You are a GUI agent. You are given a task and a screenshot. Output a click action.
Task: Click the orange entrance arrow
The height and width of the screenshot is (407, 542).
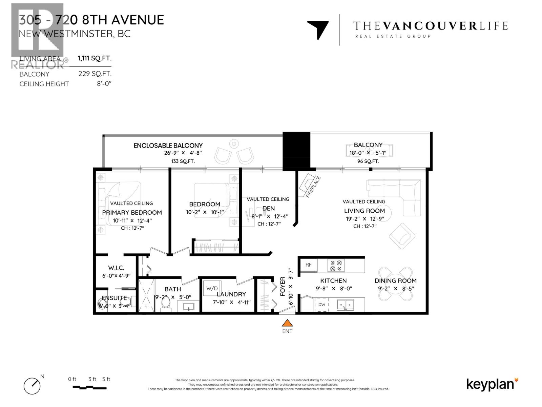click(x=287, y=323)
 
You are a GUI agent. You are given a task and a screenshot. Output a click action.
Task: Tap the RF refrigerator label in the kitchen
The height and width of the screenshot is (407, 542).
click(x=308, y=265)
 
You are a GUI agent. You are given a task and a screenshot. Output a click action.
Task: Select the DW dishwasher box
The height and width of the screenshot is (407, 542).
click(x=321, y=305)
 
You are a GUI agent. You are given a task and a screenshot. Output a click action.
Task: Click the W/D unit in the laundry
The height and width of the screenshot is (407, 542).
click(x=212, y=289)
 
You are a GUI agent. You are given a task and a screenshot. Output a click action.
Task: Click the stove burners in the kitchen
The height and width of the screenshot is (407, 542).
click(x=336, y=266)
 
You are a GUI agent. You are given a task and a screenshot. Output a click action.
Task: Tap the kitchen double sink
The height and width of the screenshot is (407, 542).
click(x=345, y=305)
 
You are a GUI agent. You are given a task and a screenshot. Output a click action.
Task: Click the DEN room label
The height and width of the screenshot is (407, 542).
click(x=269, y=208)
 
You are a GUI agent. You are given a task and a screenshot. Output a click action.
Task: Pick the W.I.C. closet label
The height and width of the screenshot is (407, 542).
click(x=116, y=268)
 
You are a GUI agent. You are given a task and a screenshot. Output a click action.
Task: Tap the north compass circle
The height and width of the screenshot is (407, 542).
click(x=32, y=386)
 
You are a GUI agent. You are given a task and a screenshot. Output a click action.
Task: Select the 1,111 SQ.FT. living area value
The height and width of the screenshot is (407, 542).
click(x=95, y=58)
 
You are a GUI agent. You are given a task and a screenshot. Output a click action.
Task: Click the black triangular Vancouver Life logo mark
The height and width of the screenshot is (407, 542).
click(x=318, y=30)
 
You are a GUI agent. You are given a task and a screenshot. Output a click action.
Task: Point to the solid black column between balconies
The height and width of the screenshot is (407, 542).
click(x=296, y=151)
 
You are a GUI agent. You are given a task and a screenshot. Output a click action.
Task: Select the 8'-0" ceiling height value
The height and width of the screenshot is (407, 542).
click(x=104, y=84)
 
